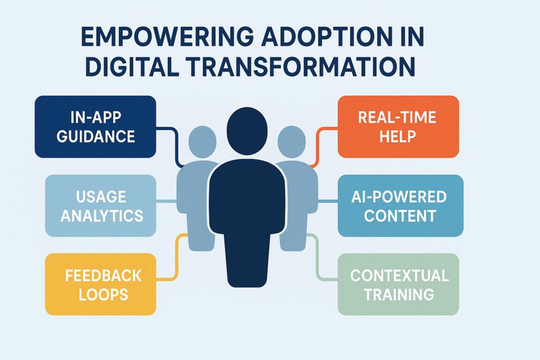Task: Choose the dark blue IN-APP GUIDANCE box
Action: pos(95,127)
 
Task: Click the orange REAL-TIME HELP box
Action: pos(398,127)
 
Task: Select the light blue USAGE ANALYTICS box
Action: pos(100,206)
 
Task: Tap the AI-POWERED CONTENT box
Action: pos(400,206)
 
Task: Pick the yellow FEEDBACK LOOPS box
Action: pos(100,284)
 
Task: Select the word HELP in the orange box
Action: pos(398,136)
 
